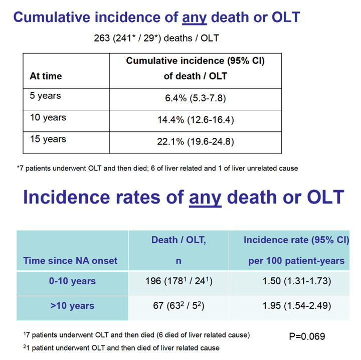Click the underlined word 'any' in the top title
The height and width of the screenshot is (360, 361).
tap(195, 18)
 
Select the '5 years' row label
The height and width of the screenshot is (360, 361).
tap(45, 96)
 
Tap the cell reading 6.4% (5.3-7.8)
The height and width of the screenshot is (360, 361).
tap(196, 98)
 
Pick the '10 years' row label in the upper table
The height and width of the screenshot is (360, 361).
tap(48, 118)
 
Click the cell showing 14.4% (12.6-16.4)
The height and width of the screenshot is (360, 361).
tap(196, 120)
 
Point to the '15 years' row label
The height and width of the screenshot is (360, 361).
tap(48, 139)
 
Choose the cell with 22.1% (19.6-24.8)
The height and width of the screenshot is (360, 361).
tap(196, 141)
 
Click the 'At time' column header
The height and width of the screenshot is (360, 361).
tap(46, 76)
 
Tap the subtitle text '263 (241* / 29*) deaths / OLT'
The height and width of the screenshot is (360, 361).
tap(156, 38)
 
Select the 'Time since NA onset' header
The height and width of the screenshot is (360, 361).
tap(70, 261)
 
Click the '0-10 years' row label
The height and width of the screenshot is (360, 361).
tap(72, 281)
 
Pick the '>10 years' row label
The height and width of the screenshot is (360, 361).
tap(72, 306)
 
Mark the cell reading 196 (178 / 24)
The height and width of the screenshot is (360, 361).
tap(179, 281)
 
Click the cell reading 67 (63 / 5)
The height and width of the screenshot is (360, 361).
tap(178, 306)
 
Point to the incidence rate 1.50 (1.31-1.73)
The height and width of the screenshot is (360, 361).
tap(297, 281)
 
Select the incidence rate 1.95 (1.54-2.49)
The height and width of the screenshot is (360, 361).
tap(297, 306)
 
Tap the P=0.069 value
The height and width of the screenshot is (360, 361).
tap(307, 336)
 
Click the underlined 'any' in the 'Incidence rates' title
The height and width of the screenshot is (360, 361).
tap(205, 198)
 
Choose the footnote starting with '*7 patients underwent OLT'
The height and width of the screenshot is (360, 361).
tap(157, 168)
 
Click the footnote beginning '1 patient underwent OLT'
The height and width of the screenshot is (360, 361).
tap(121, 348)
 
